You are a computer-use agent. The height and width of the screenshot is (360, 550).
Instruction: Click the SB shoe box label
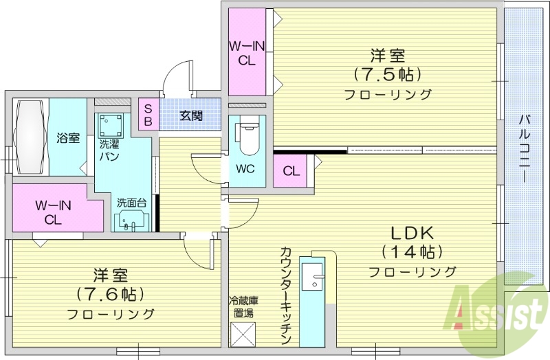148,115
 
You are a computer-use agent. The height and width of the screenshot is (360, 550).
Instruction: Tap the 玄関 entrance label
191,115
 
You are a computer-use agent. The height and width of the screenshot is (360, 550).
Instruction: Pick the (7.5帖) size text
387,74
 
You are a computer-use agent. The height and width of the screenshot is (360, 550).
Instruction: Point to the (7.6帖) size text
110,294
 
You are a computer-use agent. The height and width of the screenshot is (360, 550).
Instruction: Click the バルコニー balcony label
525,148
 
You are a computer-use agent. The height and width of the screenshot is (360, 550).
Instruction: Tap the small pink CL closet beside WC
291,171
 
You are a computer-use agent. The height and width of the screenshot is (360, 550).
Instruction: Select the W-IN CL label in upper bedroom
247,53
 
